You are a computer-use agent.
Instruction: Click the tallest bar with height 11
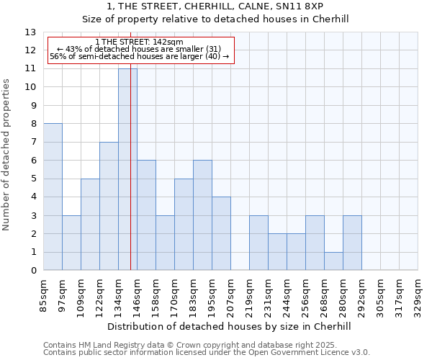pyautogui.click(x=127, y=169)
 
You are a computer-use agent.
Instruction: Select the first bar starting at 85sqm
pyautogui.click(x=53, y=197)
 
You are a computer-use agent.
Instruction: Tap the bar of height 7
pyautogui.click(x=109, y=206)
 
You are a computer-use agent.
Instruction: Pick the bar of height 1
pyautogui.click(x=333, y=261)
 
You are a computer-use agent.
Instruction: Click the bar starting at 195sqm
pyautogui.click(x=221, y=233)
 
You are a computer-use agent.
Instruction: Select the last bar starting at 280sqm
pyautogui.click(x=352, y=243)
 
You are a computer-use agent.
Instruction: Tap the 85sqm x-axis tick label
pyautogui.click(x=43, y=294)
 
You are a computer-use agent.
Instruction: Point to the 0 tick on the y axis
pyautogui.click(x=33, y=271)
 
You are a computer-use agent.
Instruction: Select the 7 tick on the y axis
pyautogui.click(x=33, y=142)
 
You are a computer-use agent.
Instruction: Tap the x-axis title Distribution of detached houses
pyautogui.click(x=228, y=326)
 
